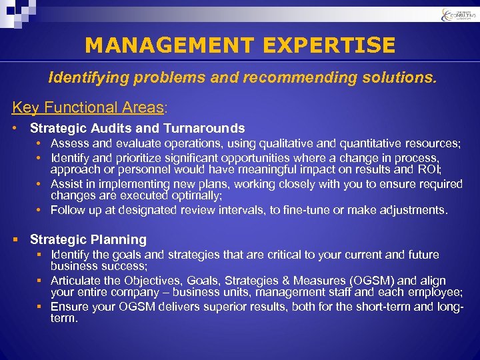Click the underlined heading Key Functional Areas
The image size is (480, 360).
(87, 107)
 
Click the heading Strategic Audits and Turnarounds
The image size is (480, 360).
(137, 128)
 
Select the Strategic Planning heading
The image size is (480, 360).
(88, 239)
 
